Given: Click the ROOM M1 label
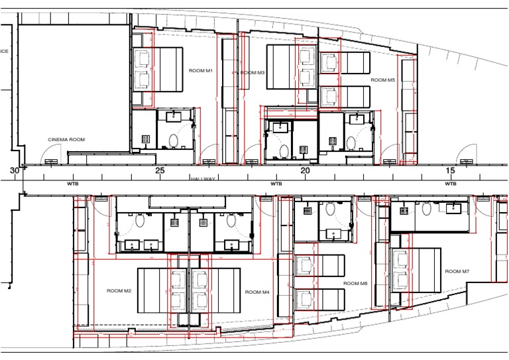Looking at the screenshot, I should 201,70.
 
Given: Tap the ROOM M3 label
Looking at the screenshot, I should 253,72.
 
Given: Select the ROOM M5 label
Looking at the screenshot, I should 382,80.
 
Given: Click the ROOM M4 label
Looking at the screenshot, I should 256,292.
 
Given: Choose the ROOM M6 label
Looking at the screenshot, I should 355,283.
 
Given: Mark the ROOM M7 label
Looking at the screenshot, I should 457,271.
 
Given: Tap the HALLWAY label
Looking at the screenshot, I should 204,179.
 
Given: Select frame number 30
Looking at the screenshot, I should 15,170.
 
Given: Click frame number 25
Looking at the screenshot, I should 160,170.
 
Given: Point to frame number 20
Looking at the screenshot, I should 305,170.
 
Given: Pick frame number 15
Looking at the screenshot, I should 450,170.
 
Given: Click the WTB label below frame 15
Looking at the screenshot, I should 451,184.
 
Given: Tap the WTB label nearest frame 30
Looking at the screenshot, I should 72,184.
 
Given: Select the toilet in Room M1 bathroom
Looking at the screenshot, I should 174,141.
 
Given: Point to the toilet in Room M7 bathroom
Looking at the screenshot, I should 426,209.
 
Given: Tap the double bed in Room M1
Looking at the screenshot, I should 159,70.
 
